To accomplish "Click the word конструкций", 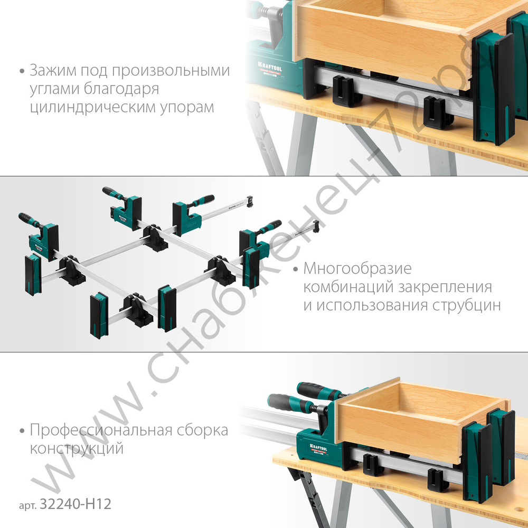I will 77,449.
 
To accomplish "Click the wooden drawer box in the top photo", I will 380,37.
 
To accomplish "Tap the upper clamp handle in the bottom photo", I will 317,391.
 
